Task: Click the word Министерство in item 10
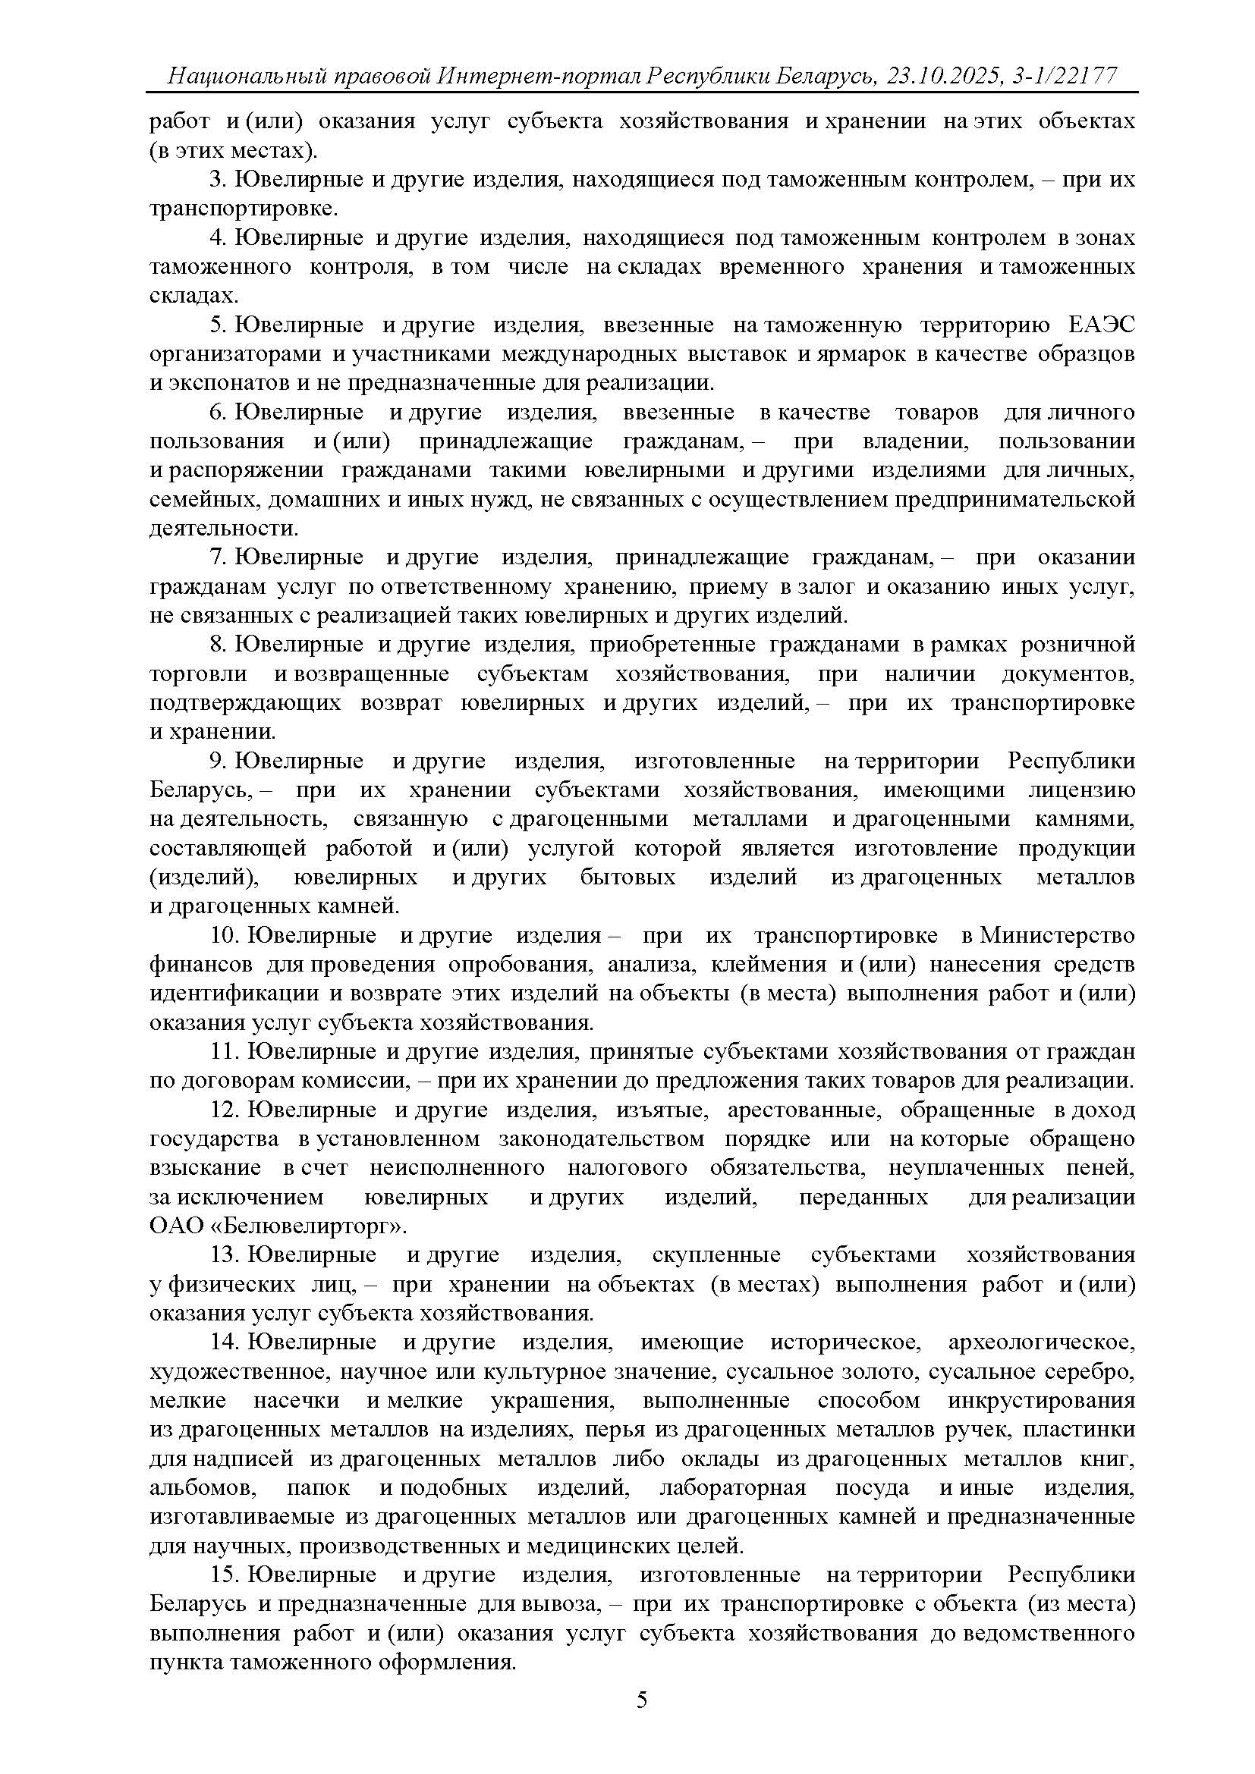[x=1057, y=936]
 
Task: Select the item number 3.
[x=217, y=180]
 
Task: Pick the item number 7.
[x=217, y=558]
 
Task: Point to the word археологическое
[x=1042, y=1343]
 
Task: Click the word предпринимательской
[x=1014, y=500]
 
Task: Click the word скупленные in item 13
[x=716, y=1255]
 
